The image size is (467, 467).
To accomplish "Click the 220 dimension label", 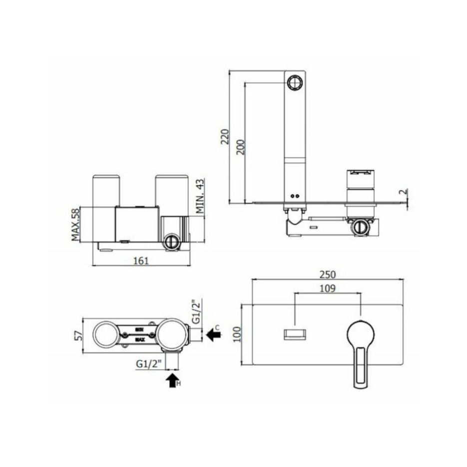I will (225, 137).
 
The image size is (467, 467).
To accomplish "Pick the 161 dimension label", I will (141, 260).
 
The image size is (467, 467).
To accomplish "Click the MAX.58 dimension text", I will (76, 224).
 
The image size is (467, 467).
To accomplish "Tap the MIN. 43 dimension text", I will (200, 197).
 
